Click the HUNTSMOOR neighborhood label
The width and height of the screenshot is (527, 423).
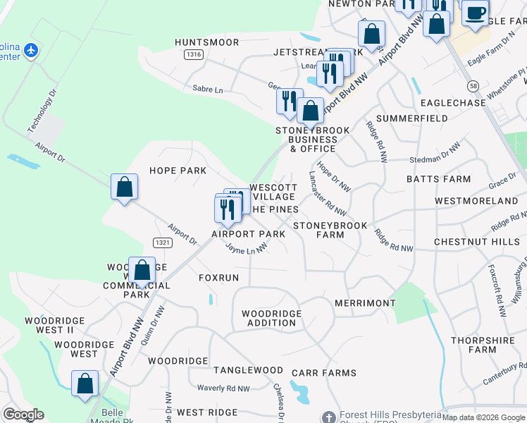click(207, 42)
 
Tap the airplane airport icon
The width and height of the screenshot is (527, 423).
click(30, 51)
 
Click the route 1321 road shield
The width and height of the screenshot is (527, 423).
click(161, 243)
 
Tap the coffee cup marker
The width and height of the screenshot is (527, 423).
click(476, 13)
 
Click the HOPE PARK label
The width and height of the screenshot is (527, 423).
click(178, 171)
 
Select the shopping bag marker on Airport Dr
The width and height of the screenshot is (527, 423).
click(124, 188)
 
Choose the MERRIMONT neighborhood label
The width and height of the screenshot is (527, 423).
click(365, 302)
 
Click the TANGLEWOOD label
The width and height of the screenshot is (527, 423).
click(248, 370)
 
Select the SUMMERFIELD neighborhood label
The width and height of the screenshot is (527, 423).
click(412, 118)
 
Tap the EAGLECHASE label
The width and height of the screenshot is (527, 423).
click(453, 103)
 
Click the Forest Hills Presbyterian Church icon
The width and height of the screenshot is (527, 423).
click(326, 417)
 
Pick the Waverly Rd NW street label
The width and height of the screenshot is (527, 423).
click(223, 388)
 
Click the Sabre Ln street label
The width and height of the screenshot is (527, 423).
click(207, 90)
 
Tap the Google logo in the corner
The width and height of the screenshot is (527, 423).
click(23, 415)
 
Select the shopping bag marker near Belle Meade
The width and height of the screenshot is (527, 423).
click(85, 384)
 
